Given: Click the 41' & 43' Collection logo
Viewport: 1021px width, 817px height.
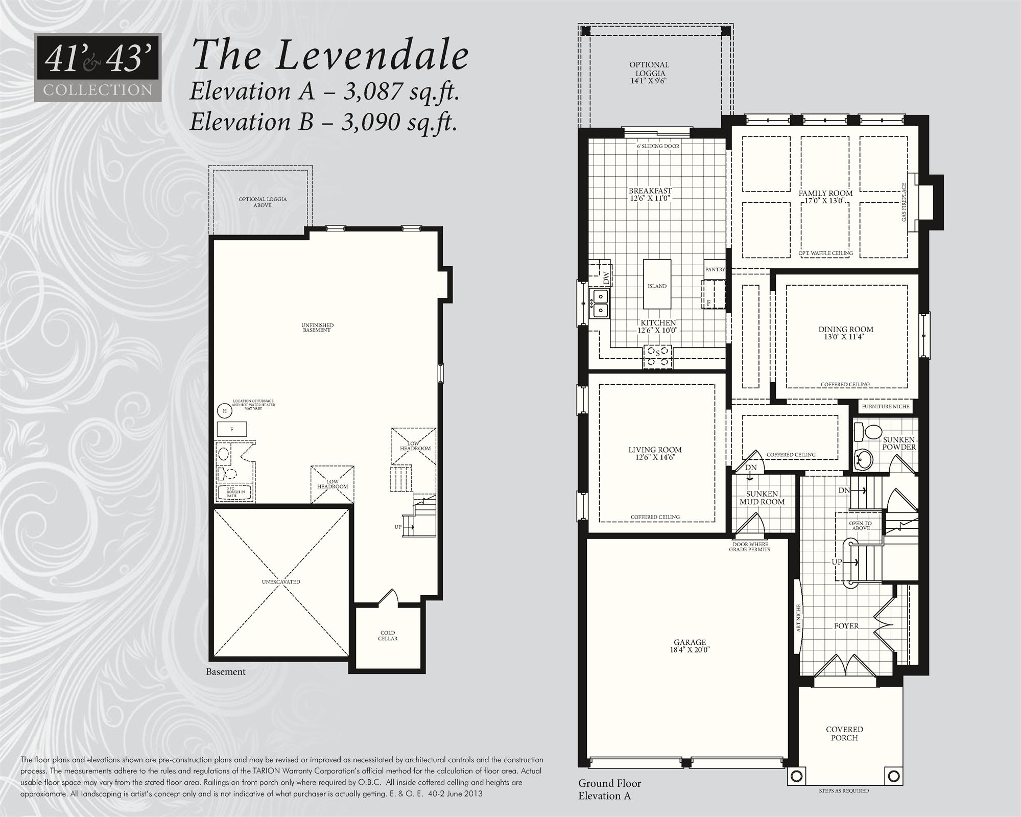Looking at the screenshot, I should click(x=98, y=67).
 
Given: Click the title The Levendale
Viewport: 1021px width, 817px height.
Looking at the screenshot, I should click(x=329, y=55).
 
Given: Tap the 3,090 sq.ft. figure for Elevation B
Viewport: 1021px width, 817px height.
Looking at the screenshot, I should click(x=398, y=122).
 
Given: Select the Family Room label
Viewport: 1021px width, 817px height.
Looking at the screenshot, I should click(x=825, y=193).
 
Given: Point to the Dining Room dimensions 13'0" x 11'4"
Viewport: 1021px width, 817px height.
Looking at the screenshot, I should click(x=845, y=337).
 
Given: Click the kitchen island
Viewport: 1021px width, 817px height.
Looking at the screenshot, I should click(x=657, y=285).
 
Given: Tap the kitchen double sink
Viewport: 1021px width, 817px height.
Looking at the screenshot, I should click(x=600, y=303).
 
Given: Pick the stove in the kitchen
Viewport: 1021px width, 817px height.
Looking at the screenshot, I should click(x=657, y=356).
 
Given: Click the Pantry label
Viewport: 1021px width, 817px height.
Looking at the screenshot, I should click(x=715, y=269).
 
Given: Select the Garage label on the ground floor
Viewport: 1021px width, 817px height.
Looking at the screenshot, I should click(x=690, y=642).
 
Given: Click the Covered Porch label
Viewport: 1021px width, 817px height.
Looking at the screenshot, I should click(x=844, y=733).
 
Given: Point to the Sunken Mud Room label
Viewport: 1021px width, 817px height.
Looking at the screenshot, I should click(x=762, y=498).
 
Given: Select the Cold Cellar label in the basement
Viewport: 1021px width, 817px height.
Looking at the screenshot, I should click(x=388, y=636).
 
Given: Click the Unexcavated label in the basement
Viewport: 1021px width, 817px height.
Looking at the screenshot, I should click(x=281, y=582).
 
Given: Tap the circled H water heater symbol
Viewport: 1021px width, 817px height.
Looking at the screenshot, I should click(x=224, y=410).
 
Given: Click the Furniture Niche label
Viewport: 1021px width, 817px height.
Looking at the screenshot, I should click(x=885, y=407).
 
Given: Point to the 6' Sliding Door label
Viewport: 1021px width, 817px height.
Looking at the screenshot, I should click(x=658, y=146).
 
